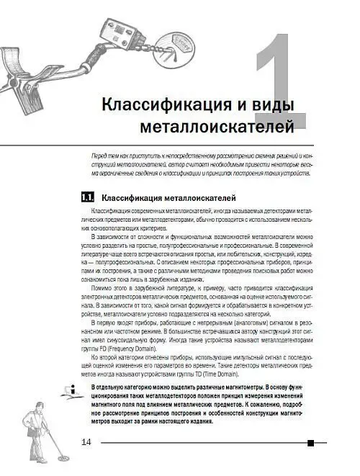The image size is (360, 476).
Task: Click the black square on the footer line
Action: click(x=310, y=443)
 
